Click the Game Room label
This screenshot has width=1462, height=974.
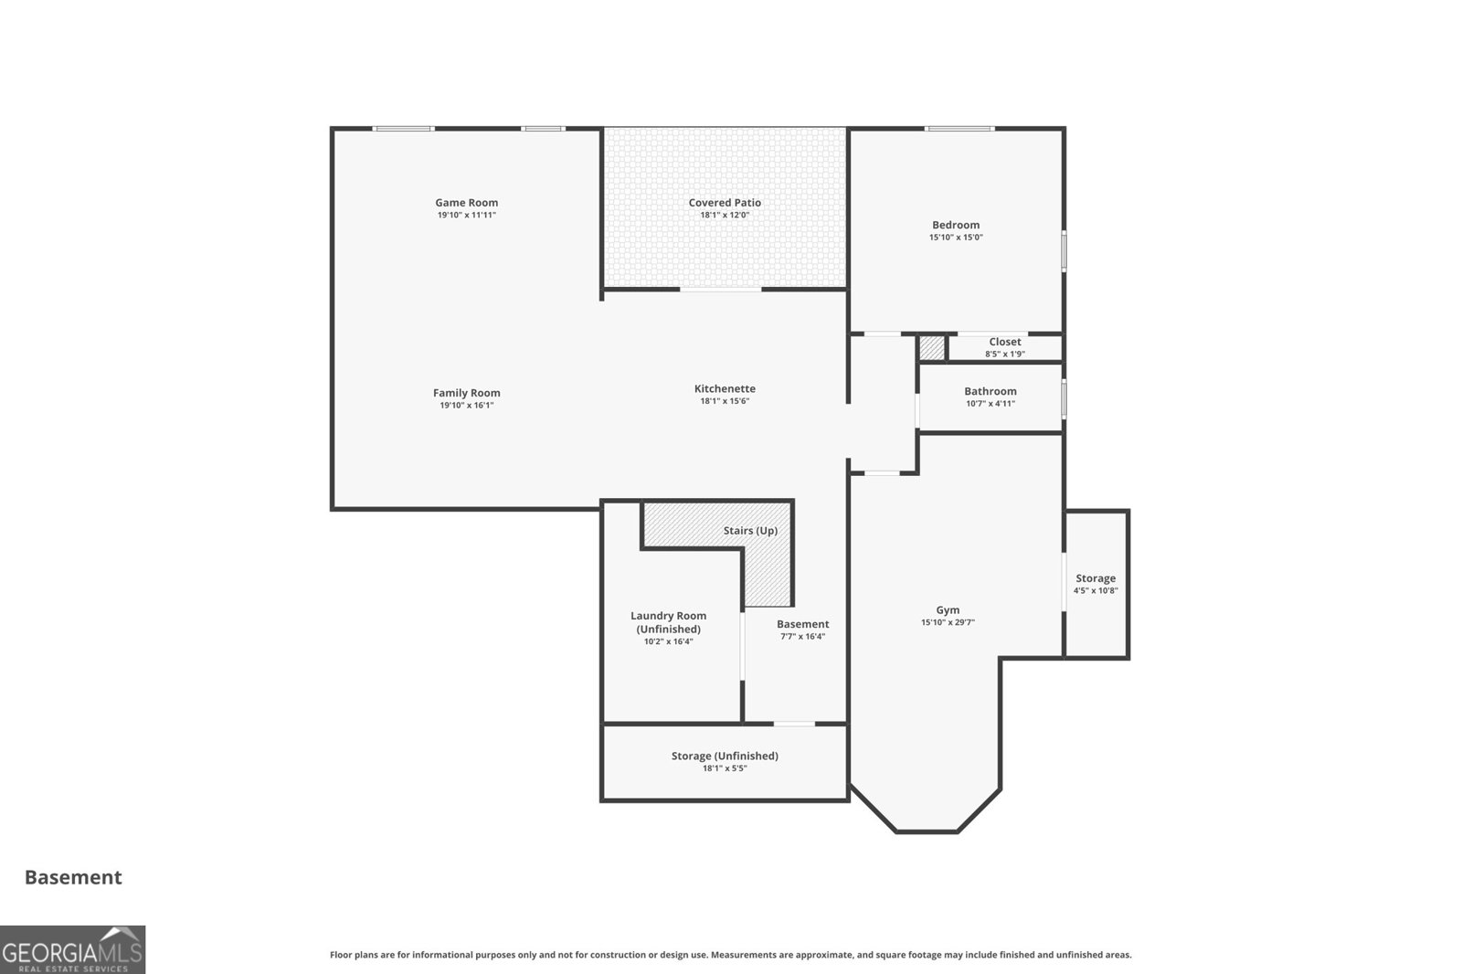pos(466,203)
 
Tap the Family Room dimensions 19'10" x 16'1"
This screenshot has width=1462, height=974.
pos(466,406)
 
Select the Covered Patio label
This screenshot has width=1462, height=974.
pos(725,203)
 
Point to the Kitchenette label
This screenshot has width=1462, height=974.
pos(725,389)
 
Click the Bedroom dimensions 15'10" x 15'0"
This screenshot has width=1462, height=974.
pos(956,238)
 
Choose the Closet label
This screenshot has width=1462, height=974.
pos(1004,342)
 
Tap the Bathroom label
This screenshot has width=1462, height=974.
pos(991,392)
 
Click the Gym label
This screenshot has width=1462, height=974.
pos(948,610)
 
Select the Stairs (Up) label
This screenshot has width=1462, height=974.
pos(750,531)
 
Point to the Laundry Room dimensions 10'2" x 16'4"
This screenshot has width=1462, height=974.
pos(668,641)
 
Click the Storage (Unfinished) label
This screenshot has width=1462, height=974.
pos(725,756)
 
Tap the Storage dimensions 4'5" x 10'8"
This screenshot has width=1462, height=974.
pos(1096,591)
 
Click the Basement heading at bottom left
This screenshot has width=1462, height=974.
pos(73,877)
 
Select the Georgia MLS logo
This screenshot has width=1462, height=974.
pos(72,950)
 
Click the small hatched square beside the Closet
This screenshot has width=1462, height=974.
pos(931,348)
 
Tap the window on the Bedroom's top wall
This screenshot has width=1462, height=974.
pos(959,129)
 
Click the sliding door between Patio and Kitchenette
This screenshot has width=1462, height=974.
pos(721,290)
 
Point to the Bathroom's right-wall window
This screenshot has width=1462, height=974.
pos(1064,399)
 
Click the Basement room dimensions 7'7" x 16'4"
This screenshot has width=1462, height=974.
pos(803,637)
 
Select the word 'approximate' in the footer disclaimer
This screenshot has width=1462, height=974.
pos(825,955)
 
